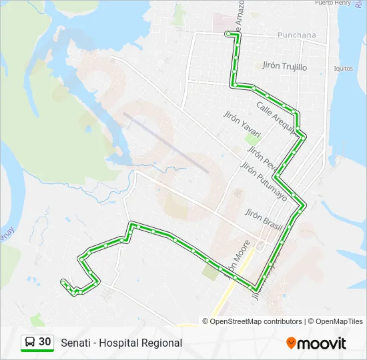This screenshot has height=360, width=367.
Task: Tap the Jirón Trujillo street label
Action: (285, 67)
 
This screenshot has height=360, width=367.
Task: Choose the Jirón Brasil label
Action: (264, 219)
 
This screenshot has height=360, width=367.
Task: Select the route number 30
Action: (45, 342)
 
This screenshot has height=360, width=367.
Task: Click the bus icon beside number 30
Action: (30, 342)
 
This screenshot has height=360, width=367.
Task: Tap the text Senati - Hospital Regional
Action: (121, 343)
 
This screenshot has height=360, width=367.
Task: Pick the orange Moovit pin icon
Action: (291, 343)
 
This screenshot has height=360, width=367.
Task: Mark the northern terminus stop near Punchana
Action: (228, 33)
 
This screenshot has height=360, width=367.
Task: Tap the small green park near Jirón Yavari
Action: (252, 138)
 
